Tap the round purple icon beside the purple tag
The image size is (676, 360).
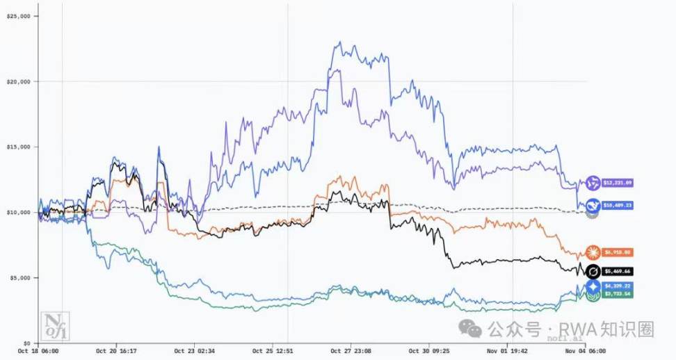[x=593, y=183]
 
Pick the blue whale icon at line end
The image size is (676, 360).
[x=593, y=205]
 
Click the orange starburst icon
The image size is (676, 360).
[x=593, y=252]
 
